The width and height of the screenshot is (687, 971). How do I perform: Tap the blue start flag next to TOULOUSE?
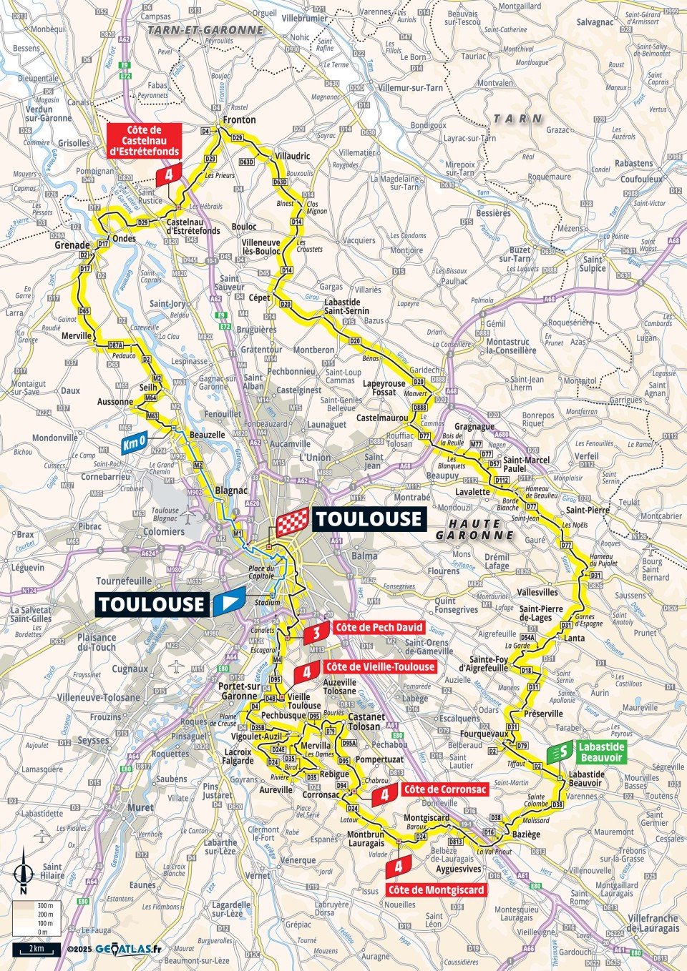click(229, 602)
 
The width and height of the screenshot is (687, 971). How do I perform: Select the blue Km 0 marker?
click(135, 443)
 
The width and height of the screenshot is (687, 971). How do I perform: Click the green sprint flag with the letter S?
click(561, 751)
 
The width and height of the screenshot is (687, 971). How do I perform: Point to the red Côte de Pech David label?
click(379, 628)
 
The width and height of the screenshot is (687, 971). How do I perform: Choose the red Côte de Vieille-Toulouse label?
click(380, 666)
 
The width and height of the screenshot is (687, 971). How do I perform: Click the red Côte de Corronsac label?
click(444, 789)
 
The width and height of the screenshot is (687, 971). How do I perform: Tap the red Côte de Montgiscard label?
click(436, 890)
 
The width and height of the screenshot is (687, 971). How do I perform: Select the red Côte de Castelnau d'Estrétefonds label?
click(144, 141)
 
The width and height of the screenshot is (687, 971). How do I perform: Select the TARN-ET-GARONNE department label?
click(205, 30)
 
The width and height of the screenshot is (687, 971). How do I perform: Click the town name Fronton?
click(239, 119)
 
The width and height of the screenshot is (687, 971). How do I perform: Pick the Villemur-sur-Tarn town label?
click(410, 88)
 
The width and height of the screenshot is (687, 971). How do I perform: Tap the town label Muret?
click(140, 807)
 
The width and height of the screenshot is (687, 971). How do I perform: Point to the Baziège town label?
click(527, 834)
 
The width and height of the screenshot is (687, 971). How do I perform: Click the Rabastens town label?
click(633, 163)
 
